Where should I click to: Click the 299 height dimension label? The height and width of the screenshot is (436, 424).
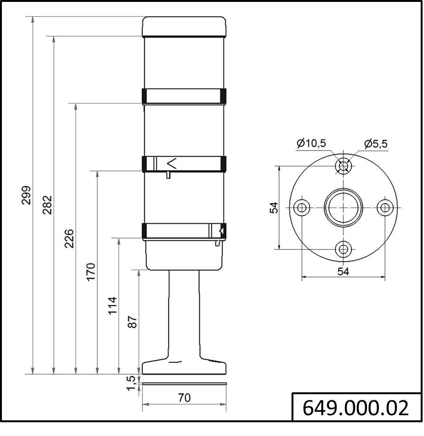pos(27,195)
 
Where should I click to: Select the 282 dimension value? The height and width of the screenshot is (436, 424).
pos(47,205)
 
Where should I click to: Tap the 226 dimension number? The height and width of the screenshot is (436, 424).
pos(69,238)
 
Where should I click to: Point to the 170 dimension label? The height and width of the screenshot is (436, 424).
pos(91,272)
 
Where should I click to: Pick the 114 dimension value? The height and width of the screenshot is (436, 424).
pos(112,306)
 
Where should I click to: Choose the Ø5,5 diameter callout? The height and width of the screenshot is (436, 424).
pos(376,143)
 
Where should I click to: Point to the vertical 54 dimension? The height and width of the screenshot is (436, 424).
pos(274,208)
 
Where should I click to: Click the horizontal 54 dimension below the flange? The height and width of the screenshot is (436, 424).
pos(343,271)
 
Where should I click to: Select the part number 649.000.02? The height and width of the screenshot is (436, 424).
pos(356,408)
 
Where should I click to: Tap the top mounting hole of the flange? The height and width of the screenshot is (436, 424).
pos(343,166)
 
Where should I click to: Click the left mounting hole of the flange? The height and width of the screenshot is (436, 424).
pos(302,208)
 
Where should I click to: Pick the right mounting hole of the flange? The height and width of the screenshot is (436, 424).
pos(385,208)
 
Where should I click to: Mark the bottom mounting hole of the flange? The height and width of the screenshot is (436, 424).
pos(343,249)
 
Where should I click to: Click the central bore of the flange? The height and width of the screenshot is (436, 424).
pos(343,208)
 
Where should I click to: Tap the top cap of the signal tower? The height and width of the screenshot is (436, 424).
pos(184,27)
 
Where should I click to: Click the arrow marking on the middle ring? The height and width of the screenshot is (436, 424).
pos(172,164)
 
